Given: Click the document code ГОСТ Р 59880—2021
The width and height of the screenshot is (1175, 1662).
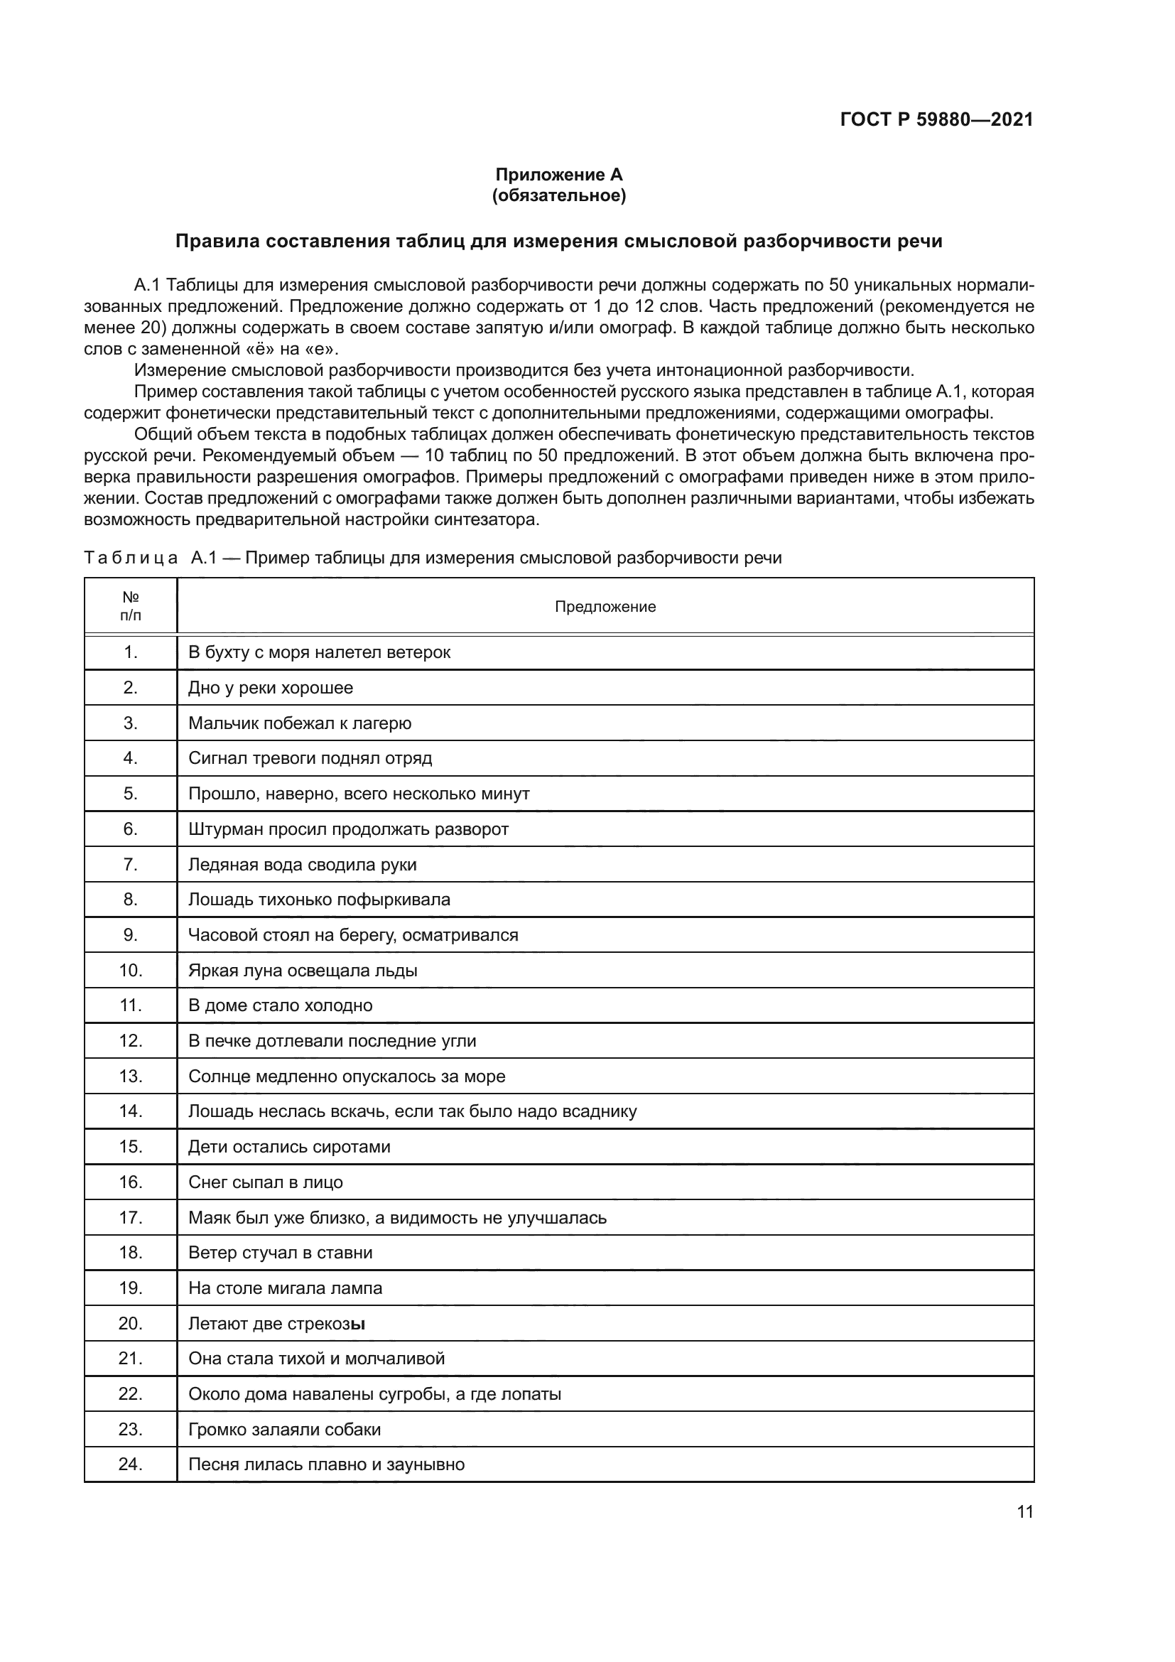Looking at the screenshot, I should (x=936, y=120).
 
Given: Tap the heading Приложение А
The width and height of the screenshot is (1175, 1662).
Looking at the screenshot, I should (x=558, y=175).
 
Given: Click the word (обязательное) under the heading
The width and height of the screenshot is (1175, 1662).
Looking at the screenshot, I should (x=558, y=195).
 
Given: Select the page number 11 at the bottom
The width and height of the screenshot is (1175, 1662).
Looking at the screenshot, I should (x=1024, y=1512).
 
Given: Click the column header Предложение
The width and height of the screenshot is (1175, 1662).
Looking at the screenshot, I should (x=605, y=607).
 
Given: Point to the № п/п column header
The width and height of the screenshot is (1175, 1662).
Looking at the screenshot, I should (x=130, y=607).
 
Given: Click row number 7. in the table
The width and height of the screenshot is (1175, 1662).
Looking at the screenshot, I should (x=130, y=864).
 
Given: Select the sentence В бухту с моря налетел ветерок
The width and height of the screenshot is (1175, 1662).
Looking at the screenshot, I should (x=319, y=652).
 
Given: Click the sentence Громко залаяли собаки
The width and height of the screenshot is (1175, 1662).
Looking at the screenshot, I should (x=284, y=1430).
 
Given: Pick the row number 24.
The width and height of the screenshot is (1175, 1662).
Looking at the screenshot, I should (x=130, y=1464).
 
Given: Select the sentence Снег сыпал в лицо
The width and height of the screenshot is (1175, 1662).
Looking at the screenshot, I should (x=266, y=1182).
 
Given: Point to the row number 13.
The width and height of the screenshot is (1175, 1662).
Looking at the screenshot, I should (x=130, y=1076).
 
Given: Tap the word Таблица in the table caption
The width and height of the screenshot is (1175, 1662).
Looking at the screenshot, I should (x=131, y=558).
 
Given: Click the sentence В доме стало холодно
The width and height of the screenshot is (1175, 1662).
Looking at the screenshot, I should (x=280, y=1005).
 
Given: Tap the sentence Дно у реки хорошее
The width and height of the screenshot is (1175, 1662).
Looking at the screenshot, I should (x=271, y=688).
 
